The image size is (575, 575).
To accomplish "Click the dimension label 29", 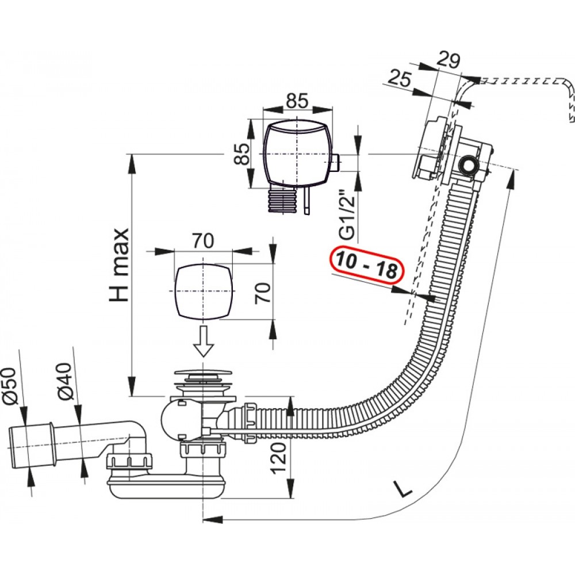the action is click(x=448, y=60).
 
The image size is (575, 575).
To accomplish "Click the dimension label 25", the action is click(x=400, y=78).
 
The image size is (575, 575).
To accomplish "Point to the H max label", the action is click(x=120, y=264).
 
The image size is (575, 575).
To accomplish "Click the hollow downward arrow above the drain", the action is click(x=204, y=341).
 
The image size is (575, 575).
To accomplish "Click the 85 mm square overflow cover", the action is click(x=297, y=153).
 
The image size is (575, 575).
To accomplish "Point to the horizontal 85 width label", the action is click(x=297, y=101).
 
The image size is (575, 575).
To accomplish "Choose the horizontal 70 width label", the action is click(x=203, y=241).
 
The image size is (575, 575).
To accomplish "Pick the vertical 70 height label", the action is click(x=263, y=292).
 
